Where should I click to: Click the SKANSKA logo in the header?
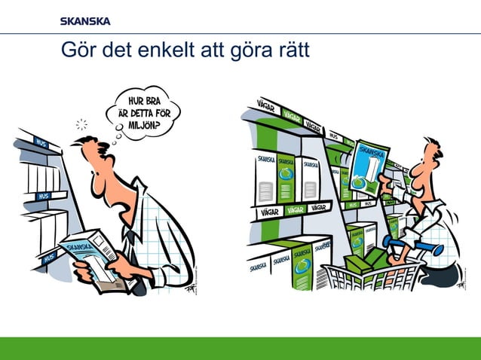tap(84, 20)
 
